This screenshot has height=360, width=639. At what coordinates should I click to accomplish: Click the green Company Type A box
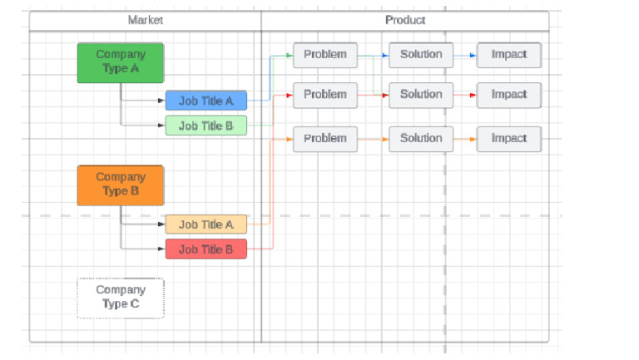[121, 62]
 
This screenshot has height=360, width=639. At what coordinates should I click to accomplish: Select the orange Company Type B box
[121, 185]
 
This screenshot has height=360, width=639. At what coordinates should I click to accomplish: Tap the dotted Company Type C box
[121, 298]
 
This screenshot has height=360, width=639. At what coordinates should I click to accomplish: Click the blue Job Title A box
[206, 101]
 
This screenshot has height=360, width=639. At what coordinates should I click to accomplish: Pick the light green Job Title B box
[206, 126]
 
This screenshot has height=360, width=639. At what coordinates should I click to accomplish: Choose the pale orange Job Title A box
[206, 224]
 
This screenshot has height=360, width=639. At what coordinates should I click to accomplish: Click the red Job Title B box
[206, 249]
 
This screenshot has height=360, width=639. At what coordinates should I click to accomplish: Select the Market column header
[146, 20]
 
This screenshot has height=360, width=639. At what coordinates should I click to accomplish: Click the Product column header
[405, 20]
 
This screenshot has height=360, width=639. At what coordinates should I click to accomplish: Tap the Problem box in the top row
[325, 55]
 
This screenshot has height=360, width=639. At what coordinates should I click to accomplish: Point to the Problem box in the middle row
[325, 95]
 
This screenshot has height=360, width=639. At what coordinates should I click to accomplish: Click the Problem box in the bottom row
[325, 139]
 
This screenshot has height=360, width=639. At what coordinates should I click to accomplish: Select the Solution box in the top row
[421, 55]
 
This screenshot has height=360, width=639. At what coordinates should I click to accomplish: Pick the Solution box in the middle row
[421, 95]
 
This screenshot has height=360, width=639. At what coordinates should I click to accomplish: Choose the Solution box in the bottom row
[421, 139]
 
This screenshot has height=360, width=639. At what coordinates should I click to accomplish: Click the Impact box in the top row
[509, 55]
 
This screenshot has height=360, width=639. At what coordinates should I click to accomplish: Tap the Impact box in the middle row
[509, 95]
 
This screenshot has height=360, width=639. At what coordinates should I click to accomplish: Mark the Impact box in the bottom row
[509, 139]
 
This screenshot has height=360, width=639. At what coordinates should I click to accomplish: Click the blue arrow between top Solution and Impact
[465, 56]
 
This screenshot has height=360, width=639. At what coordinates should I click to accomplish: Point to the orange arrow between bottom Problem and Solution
[374, 139]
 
